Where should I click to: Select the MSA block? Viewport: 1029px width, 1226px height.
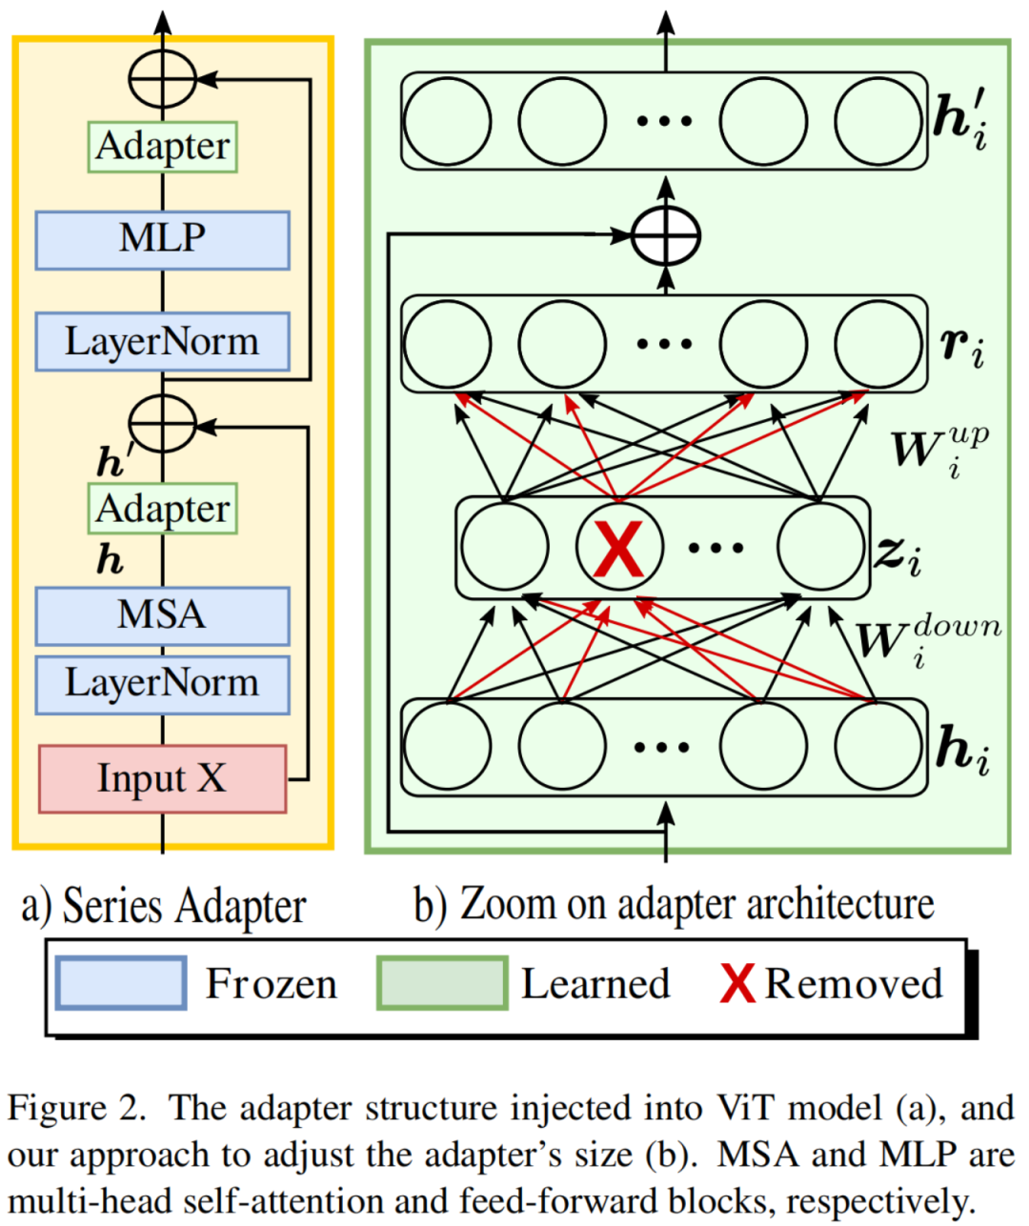(x=162, y=615)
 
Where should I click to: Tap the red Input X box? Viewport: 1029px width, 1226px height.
(x=162, y=778)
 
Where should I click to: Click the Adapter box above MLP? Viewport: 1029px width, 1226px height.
(x=162, y=147)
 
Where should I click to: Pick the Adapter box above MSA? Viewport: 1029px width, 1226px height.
(x=162, y=509)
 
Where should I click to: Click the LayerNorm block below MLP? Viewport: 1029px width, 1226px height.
(x=162, y=341)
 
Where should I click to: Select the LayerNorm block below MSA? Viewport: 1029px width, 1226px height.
(x=162, y=684)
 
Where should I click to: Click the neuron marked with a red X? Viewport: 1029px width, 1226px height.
(x=619, y=547)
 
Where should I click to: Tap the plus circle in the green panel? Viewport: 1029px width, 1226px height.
(x=666, y=234)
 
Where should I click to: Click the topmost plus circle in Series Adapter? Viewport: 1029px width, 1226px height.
(x=162, y=80)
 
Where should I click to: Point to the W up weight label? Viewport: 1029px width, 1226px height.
(x=939, y=448)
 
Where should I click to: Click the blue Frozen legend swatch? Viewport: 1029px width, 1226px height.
(x=121, y=983)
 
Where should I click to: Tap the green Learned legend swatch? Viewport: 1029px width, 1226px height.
(x=442, y=983)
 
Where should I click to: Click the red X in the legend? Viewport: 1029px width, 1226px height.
(x=737, y=983)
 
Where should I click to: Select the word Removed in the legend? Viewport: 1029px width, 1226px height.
(x=854, y=983)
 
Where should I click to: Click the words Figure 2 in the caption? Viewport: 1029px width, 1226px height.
(x=76, y=1109)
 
